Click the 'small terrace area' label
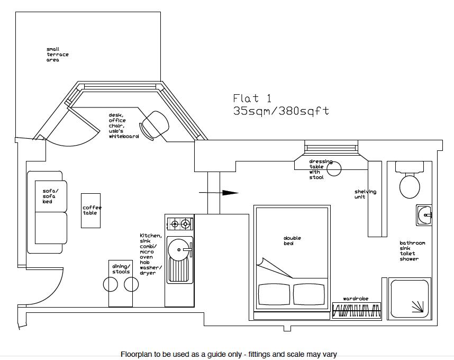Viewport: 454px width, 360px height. coord(57,55)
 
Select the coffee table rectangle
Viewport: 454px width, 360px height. coord(90,210)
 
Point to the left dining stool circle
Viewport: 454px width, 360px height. coord(110,285)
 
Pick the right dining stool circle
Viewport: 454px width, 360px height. coord(131,285)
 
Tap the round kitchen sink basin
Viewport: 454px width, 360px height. coord(179,249)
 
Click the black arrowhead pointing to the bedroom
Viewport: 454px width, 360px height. coord(230,193)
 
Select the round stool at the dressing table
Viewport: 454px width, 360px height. coord(334,169)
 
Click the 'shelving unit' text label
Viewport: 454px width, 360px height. coord(365,194)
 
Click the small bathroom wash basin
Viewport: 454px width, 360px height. coord(424,214)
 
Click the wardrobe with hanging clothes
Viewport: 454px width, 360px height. coord(356,309)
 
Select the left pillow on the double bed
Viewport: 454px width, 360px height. coord(274,294)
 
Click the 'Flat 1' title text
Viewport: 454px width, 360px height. coord(252,98)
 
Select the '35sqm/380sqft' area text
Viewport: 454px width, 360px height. coord(281,111)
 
